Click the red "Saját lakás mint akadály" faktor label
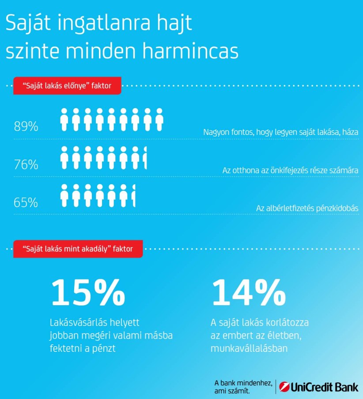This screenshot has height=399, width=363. (77, 249)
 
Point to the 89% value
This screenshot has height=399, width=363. (26, 127)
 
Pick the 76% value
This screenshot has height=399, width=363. (26, 165)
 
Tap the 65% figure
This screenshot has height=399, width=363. (26, 203)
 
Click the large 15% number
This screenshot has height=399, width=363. (88, 293)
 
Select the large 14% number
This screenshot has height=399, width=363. (248, 293)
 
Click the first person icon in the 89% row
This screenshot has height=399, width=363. (64, 119)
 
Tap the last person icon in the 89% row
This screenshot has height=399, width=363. (159, 119)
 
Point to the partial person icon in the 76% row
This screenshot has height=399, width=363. (145, 158)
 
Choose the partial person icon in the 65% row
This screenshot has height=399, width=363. (133, 196)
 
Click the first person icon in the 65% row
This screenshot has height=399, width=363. (64, 196)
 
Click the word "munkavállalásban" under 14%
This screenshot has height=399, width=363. (249, 348)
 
